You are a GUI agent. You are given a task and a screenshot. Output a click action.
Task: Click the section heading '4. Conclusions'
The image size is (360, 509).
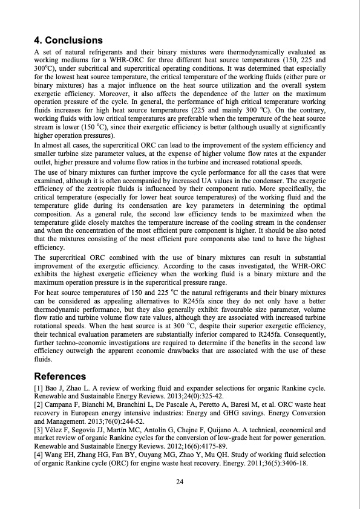[68, 41]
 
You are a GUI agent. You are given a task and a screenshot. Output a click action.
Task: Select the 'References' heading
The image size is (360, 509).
[61, 375]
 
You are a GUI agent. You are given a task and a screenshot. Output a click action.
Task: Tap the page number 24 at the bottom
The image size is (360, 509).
[180, 481]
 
